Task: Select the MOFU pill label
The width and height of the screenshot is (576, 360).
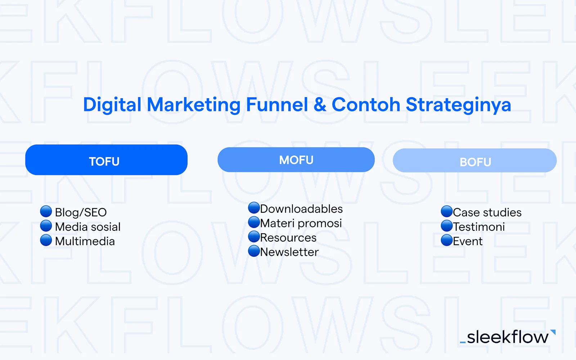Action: (296, 160)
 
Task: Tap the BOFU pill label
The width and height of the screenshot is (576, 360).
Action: (475, 162)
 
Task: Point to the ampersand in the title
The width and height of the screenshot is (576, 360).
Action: (320, 105)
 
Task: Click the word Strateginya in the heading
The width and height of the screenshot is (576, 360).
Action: (458, 105)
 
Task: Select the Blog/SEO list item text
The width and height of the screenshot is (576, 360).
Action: (81, 212)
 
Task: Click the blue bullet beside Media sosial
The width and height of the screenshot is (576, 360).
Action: (46, 226)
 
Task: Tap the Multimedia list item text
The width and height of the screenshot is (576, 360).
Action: (85, 241)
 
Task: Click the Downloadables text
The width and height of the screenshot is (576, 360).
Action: (301, 209)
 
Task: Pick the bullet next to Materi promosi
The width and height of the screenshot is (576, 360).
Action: (254, 222)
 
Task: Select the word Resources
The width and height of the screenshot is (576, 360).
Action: (288, 238)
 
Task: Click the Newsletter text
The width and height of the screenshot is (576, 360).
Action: (289, 252)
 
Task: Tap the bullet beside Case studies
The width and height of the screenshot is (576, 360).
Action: (447, 211)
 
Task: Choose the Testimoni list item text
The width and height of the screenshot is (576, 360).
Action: (479, 227)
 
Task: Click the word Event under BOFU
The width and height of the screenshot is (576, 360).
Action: (468, 241)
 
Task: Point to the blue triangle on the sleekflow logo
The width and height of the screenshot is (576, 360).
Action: (553, 332)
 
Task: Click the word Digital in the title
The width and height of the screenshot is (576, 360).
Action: (112, 105)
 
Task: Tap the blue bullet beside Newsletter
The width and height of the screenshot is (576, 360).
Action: (254, 251)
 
